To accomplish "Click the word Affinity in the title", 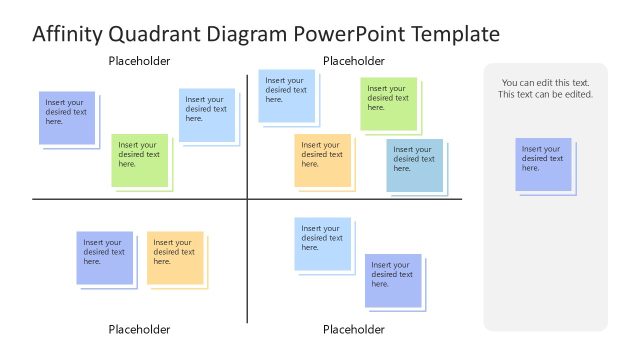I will (66, 34).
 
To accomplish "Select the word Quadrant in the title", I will (148, 34).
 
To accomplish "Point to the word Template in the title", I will (450, 34).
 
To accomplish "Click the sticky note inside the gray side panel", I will (543, 164).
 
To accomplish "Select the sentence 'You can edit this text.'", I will (545, 83).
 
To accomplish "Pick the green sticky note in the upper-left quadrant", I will (139, 160).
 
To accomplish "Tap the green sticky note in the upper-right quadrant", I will (388, 104).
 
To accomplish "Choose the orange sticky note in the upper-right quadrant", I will (322, 160).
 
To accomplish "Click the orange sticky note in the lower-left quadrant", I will (175, 258).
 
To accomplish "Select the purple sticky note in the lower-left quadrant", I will (104, 258).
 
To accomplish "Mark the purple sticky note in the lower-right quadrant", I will (392, 280).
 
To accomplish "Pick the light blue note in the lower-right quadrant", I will (322, 244).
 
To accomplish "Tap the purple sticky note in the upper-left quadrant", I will (67, 118).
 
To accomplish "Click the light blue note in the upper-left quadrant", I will (207, 115).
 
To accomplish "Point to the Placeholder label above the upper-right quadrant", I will (354, 61).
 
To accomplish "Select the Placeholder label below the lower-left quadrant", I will (139, 329).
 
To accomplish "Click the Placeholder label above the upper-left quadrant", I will (139, 61).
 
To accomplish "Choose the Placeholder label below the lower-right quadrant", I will (354, 329).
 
